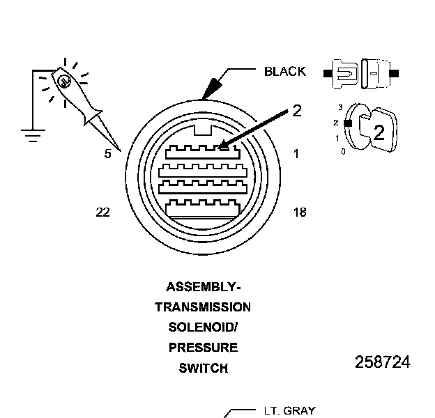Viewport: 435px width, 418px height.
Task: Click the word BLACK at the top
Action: tap(284, 71)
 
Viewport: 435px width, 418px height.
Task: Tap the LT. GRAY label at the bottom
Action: tap(289, 411)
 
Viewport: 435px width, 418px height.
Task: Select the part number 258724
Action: tap(382, 362)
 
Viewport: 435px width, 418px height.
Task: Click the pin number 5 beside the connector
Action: tap(107, 154)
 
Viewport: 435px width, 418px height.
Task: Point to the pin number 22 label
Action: tap(102, 212)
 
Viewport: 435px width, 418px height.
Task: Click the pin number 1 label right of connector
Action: tap(296, 154)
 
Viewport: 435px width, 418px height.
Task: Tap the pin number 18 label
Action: tap(299, 212)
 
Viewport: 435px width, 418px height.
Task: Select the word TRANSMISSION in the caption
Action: tap(203, 307)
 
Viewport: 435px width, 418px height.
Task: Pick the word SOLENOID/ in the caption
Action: tap(203, 327)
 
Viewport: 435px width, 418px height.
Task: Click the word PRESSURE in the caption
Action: tap(203, 348)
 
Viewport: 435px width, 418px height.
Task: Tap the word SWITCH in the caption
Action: tap(203, 368)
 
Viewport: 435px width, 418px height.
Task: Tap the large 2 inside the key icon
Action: tap(379, 132)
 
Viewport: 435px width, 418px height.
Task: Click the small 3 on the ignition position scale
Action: tap(339, 107)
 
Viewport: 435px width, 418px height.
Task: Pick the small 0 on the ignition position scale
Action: tap(343, 150)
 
